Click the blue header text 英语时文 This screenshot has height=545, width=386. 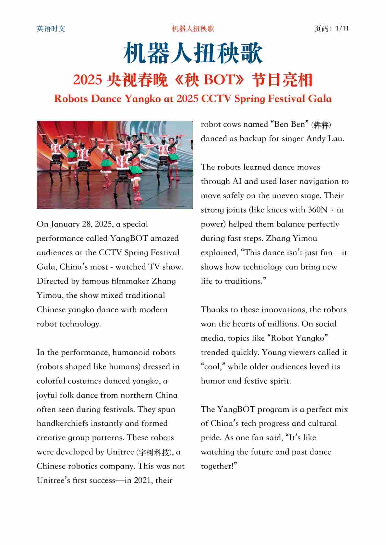(51, 29)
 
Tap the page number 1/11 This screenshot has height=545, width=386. (342, 29)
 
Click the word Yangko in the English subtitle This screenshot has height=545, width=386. (143, 99)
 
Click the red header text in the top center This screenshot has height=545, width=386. (193, 29)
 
